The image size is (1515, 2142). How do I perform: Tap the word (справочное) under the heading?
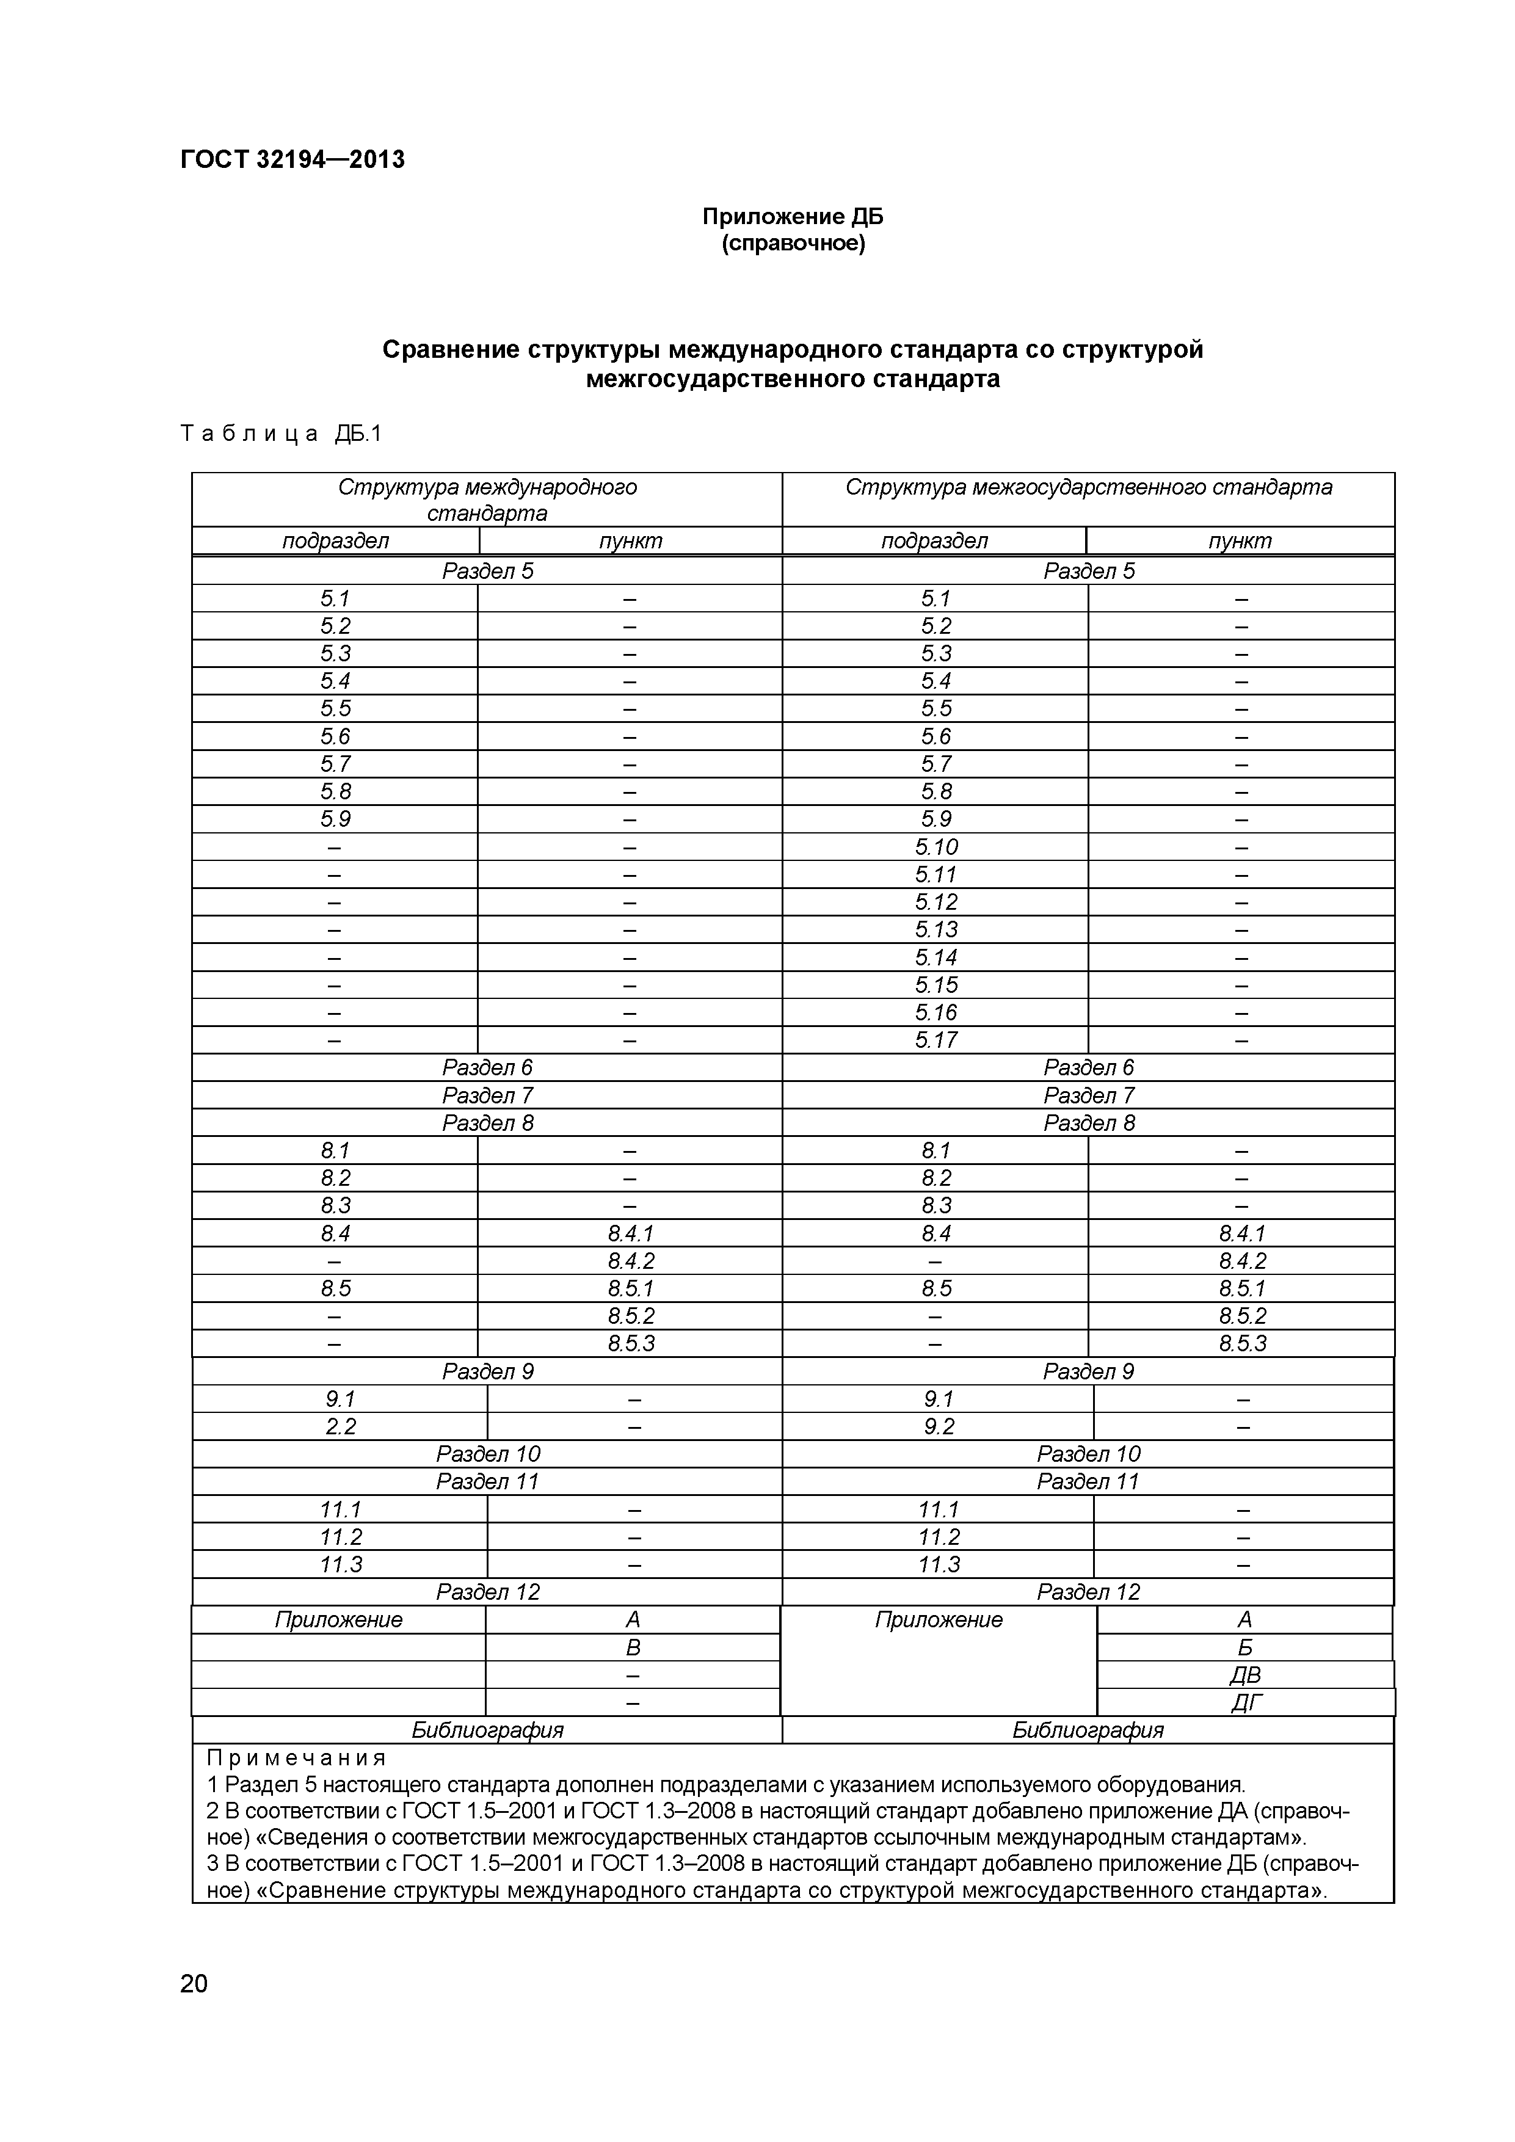pyautogui.click(x=793, y=244)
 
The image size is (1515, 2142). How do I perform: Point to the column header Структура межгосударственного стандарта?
pyautogui.click(x=1088, y=487)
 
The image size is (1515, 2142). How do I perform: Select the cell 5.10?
pyautogui.click(x=936, y=847)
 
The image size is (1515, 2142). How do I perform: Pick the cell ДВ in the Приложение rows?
pyautogui.click(x=1244, y=1675)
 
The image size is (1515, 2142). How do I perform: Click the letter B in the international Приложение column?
pyautogui.click(x=633, y=1647)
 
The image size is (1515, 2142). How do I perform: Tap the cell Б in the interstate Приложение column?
pyautogui.click(x=1244, y=1647)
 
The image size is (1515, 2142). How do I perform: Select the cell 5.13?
pyautogui.click(x=936, y=929)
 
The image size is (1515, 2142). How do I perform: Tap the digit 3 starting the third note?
pyautogui.click(x=212, y=1864)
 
